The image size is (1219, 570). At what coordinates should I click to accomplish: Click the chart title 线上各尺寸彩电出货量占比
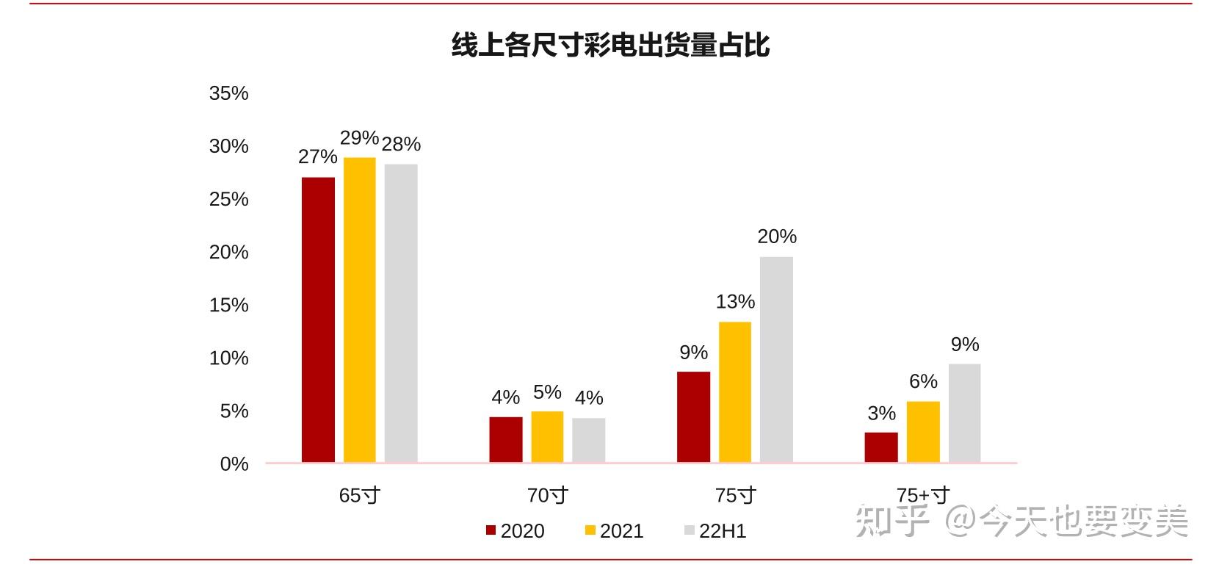coord(610,45)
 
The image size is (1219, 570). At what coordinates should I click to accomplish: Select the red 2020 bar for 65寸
coord(318,320)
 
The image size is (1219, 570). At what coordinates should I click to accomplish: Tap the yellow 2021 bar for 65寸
coord(359,309)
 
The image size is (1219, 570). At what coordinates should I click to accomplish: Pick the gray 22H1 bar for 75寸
coord(776,359)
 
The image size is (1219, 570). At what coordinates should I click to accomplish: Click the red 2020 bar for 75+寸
coord(880,447)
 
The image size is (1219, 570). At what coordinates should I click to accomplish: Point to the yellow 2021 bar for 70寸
coord(547,436)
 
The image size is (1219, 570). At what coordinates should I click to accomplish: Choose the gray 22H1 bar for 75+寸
coord(964,413)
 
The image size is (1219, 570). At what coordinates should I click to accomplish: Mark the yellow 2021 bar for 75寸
coord(735,392)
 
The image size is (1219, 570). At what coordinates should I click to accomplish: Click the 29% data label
coord(359,138)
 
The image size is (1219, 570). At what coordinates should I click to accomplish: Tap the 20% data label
coord(777,237)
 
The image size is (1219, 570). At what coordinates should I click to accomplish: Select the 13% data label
coord(735,302)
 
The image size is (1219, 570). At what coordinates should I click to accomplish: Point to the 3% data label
coord(881,414)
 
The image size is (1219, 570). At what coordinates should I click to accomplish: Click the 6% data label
coord(923,381)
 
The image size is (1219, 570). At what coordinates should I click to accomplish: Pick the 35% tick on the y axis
coord(228,93)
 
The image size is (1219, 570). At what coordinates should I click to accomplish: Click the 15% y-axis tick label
coord(228,305)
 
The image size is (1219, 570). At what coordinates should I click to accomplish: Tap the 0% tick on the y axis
coord(234,464)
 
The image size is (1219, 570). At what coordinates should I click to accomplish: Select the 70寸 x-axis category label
coord(548,496)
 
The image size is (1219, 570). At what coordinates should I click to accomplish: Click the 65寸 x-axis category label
coord(359,496)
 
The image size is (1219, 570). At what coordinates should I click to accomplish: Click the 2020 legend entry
coord(516,531)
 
